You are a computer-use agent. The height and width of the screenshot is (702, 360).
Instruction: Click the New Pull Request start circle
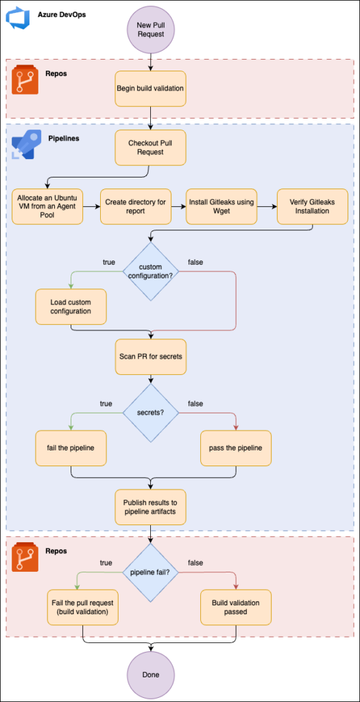click(150, 30)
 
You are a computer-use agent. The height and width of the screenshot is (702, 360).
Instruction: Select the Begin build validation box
click(150, 88)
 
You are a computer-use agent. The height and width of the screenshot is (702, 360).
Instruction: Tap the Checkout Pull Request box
click(150, 148)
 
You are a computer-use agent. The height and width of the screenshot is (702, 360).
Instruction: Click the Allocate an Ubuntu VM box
click(47, 206)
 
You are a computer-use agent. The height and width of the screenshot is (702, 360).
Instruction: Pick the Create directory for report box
click(136, 206)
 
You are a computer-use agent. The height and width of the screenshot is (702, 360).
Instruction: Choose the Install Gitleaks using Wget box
click(221, 206)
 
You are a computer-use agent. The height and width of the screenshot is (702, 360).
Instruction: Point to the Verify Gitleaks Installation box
click(312, 206)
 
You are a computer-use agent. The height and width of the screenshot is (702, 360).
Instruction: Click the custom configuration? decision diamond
click(150, 271)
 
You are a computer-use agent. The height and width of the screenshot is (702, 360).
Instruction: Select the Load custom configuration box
click(71, 306)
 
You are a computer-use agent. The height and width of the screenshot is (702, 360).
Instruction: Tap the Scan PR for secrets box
click(150, 356)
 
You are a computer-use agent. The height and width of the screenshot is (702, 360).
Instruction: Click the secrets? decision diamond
click(150, 412)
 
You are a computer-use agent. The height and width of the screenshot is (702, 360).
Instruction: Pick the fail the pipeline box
click(71, 448)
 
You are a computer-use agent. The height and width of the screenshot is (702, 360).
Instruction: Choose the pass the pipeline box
click(236, 448)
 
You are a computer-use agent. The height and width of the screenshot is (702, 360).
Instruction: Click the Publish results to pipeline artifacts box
click(150, 507)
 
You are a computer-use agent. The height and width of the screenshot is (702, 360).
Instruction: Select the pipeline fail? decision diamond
click(150, 572)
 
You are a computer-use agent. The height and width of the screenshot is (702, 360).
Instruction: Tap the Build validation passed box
click(236, 607)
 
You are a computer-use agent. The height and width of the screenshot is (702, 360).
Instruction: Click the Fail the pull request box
click(83, 607)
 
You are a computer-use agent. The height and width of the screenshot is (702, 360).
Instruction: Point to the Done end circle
click(150, 674)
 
